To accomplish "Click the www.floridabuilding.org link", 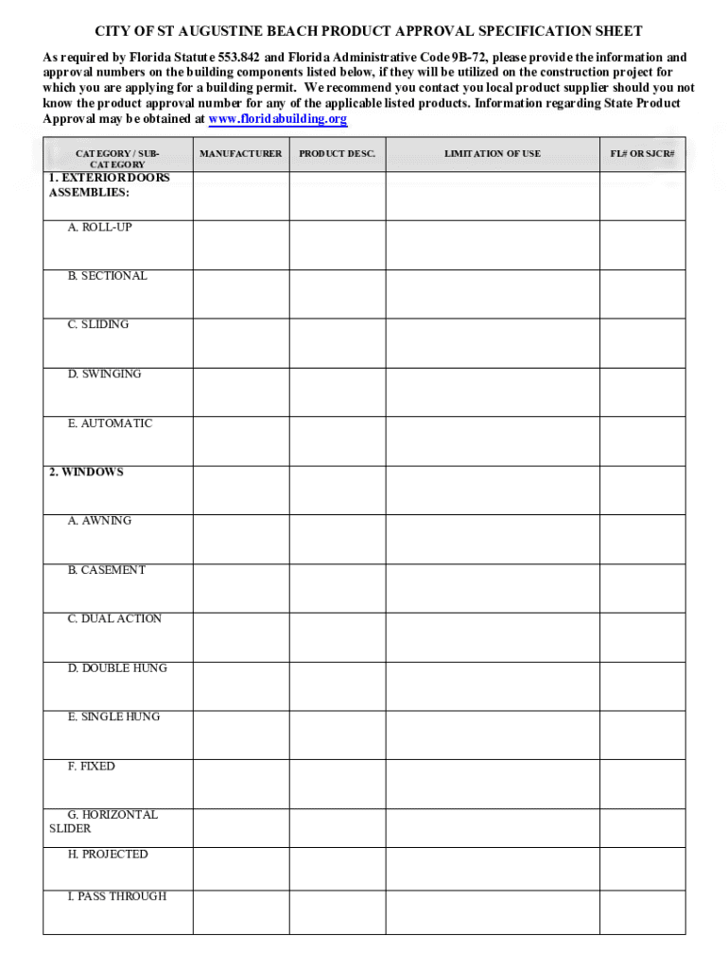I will point(277,119).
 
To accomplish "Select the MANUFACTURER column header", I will point(240,153).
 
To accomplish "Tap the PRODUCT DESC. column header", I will point(337,153).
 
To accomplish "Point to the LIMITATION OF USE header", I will point(493,153).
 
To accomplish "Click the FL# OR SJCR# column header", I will point(642,153).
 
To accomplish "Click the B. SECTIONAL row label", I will point(107,276).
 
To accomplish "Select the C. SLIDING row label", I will point(97,324).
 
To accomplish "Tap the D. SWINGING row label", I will point(104,373).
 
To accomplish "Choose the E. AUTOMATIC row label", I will point(109,423).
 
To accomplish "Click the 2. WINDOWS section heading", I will point(86,472).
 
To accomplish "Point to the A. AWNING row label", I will point(99,521).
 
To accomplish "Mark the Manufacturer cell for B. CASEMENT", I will point(240,587).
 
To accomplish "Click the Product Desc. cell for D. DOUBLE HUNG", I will point(337,685).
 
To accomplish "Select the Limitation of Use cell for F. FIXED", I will point(493,784).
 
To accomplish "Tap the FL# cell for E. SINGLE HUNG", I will point(642,735).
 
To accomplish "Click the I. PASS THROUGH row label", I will point(116,896).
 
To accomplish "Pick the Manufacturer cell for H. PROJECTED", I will point(240,868).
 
